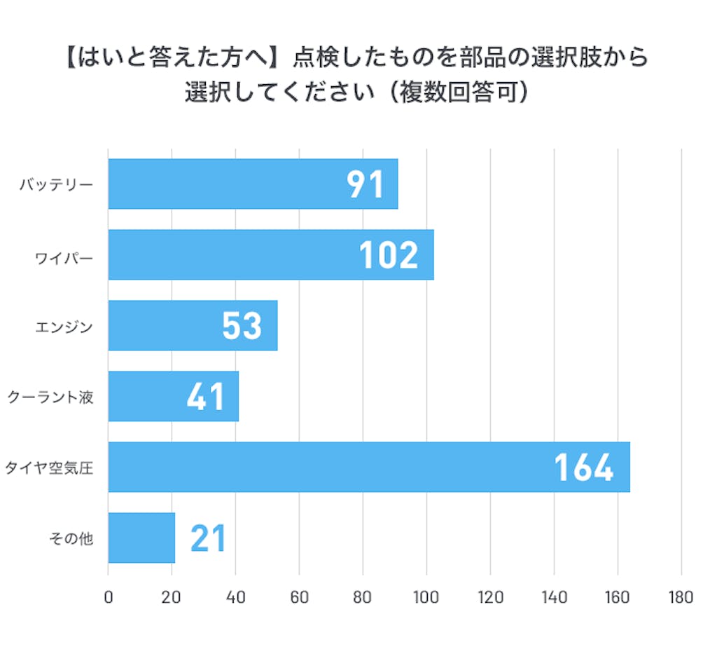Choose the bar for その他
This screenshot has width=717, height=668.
pyautogui.click(x=141, y=538)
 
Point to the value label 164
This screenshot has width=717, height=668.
pyautogui.click(x=584, y=468)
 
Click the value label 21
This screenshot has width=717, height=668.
pyautogui.click(x=208, y=538)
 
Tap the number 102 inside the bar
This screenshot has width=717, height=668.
pyautogui.click(x=389, y=255)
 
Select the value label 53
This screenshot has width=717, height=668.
pyautogui.click(x=242, y=326)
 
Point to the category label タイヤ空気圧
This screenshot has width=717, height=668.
pyautogui.click(x=49, y=468)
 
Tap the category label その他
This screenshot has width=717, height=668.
pyautogui.click(x=71, y=538)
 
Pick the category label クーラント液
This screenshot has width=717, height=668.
pyautogui.click(x=50, y=397)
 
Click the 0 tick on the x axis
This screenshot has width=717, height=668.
pyautogui.click(x=108, y=597)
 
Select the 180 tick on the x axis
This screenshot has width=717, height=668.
pyautogui.click(x=681, y=597)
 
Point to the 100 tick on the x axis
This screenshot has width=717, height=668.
pyautogui.click(x=426, y=597)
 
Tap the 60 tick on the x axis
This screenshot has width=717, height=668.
pyautogui.click(x=299, y=597)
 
